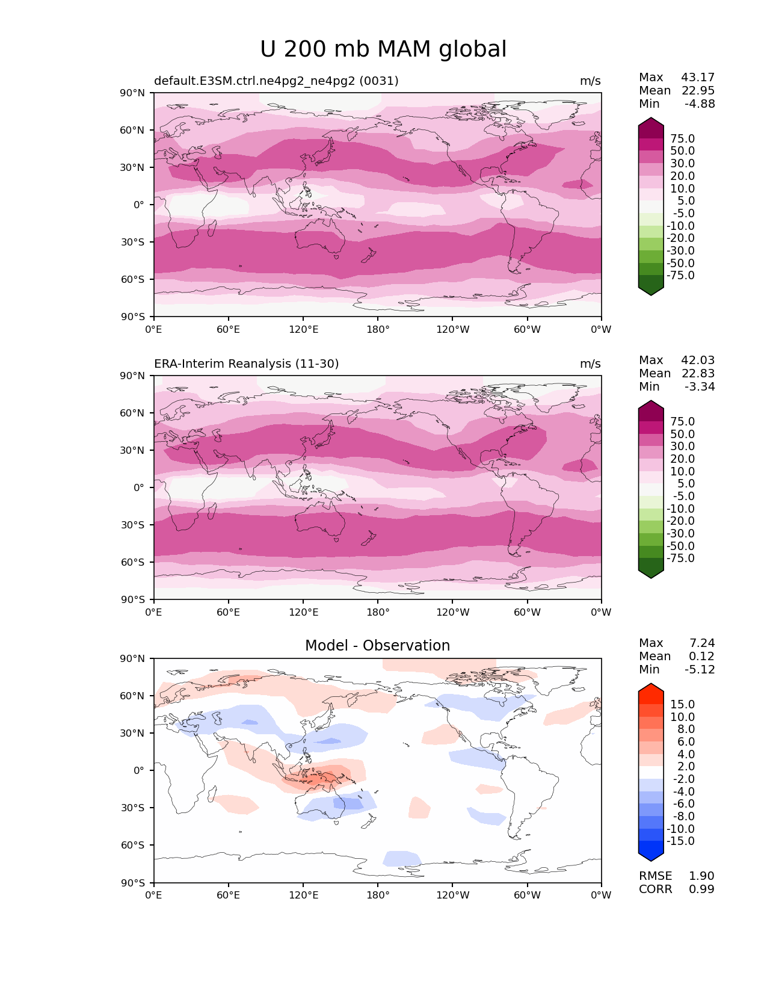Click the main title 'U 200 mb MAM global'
click(383, 49)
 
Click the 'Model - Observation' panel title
click(377, 646)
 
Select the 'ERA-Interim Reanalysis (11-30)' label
click(247, 364)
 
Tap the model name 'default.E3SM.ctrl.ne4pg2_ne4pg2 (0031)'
click(276, 81)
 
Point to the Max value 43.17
click(698, 78)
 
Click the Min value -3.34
click(700, 387)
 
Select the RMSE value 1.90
click(701, 876)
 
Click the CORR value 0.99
click(701, 889)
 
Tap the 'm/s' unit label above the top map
click(590, 81)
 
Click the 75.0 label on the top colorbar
click(682, 139)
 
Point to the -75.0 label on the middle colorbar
click(680, 558)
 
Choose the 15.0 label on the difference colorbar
click(682, 705)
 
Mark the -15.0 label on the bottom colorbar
click(680, 841)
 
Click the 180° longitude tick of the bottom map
click(378, 896)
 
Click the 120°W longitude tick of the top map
click(453, 330)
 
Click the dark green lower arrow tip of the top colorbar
click(651, 292)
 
